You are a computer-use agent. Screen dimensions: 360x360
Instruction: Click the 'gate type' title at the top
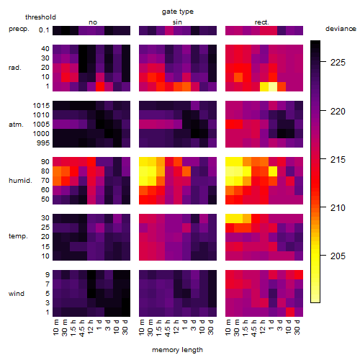[178, 12]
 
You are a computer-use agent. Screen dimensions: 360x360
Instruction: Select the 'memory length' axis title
[177, 350]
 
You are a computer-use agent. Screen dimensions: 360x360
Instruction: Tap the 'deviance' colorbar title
[341, 29]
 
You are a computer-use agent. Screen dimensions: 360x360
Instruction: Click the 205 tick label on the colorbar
[338, 256]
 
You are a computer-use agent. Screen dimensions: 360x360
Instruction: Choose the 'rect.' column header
[261, 22]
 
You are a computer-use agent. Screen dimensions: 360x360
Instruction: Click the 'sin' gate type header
[177, 22]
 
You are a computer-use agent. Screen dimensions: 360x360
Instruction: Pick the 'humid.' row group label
[20, 181]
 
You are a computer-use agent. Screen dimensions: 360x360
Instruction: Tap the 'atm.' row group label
[16, 125]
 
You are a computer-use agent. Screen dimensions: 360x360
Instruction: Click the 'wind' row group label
[17, 294]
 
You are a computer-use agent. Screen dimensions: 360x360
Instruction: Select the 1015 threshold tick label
[41, 106]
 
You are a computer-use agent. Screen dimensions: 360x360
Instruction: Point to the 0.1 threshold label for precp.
[44, 30]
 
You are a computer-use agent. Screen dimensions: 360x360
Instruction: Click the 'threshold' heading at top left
[40, 17]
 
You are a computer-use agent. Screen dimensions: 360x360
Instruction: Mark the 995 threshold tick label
[43, 143]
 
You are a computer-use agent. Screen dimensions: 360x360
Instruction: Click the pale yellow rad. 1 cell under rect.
[273, 86]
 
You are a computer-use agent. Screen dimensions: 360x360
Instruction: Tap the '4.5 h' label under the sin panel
[168, 328]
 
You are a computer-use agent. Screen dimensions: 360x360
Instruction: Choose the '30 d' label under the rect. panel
[297, 327]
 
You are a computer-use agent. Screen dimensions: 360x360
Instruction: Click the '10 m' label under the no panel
[55, 328]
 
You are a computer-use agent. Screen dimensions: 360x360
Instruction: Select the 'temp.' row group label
[18, 236]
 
